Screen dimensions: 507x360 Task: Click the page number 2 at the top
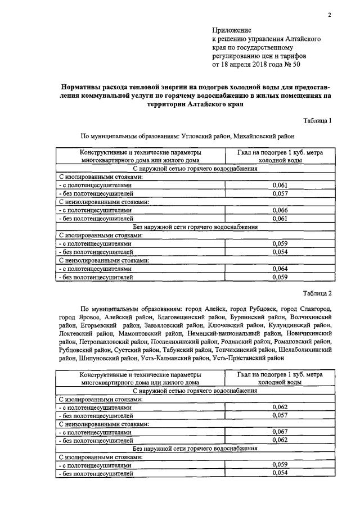pos(330,15)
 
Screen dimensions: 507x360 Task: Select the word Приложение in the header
pos(232,30)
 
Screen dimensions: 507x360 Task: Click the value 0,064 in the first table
pos(280,269)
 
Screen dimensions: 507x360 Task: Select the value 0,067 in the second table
pos(280,432)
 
